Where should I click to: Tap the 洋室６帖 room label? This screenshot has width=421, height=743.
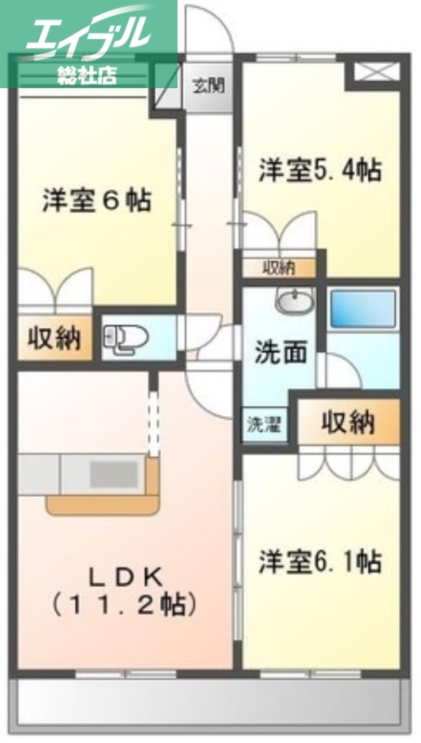[97, 201]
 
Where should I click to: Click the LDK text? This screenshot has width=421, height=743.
[125, 575]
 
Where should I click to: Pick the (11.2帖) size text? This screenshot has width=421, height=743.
[125, 605]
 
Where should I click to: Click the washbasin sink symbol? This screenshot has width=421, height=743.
[296, 304]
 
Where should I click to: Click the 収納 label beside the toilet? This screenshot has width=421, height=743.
[53, 339]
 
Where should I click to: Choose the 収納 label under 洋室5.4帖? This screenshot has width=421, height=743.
[278, 267]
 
